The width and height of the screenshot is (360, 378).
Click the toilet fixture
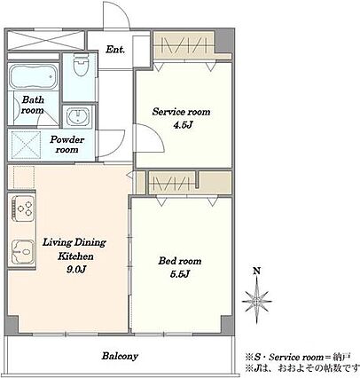point(81,65)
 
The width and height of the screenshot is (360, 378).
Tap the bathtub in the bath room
point(33,77)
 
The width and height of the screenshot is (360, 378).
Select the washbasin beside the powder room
point(78,116)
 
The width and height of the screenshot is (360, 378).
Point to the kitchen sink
point(22,251)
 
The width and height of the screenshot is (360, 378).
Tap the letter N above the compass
point(257,271)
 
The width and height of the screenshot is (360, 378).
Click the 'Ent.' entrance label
point(115,50)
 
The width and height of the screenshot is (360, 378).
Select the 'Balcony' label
point(120,356)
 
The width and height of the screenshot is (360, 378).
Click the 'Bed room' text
point(180,261)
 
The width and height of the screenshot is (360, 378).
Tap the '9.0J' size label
point(76,269)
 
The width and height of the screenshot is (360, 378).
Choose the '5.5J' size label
point(179,274)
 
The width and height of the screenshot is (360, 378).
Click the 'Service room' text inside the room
point(182,112)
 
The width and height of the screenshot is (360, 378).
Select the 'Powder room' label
point(67,145)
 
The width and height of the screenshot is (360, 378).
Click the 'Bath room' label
point(33,105)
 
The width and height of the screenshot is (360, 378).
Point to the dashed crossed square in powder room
point(26,145)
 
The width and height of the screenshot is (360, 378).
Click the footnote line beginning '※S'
point(298,357)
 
